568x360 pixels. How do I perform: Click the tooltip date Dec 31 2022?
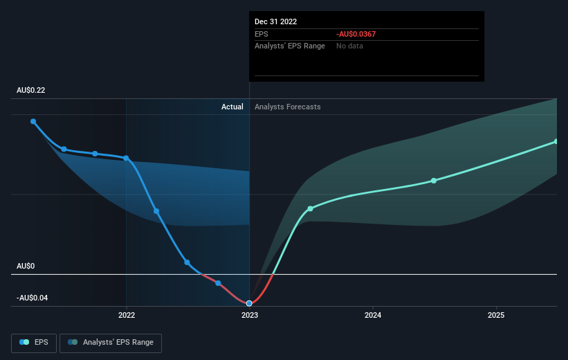click(275, 21)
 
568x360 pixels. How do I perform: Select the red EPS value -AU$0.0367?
click(356, 34)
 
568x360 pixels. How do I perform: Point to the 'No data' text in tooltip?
click(349, 46)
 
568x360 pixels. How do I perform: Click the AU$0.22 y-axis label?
click(31, 90)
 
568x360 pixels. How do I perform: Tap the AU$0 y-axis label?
click(26, 266)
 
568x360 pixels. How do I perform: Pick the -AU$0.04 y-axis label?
click(32, 298)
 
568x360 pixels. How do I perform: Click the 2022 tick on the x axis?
click(127, 315)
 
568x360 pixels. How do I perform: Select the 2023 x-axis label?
click(250, 315)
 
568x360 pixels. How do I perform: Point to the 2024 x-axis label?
click(373, 315)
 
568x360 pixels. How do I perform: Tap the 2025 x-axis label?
click(496, 315)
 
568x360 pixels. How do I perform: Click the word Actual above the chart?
click(232, 107)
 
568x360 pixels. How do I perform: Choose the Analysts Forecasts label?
click(288, 107)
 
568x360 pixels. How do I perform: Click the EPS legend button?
click(34, 343)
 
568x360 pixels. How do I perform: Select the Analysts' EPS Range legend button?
click(111, 343)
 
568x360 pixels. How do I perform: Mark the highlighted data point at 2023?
click(249, 303)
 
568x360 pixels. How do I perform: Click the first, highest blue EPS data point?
click(33, 121)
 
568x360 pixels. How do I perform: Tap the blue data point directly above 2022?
click(126, 158)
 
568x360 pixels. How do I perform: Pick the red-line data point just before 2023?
click(218, 283)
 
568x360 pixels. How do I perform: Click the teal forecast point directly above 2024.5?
click(434, 181)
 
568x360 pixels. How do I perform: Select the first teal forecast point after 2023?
click(310, 209)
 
